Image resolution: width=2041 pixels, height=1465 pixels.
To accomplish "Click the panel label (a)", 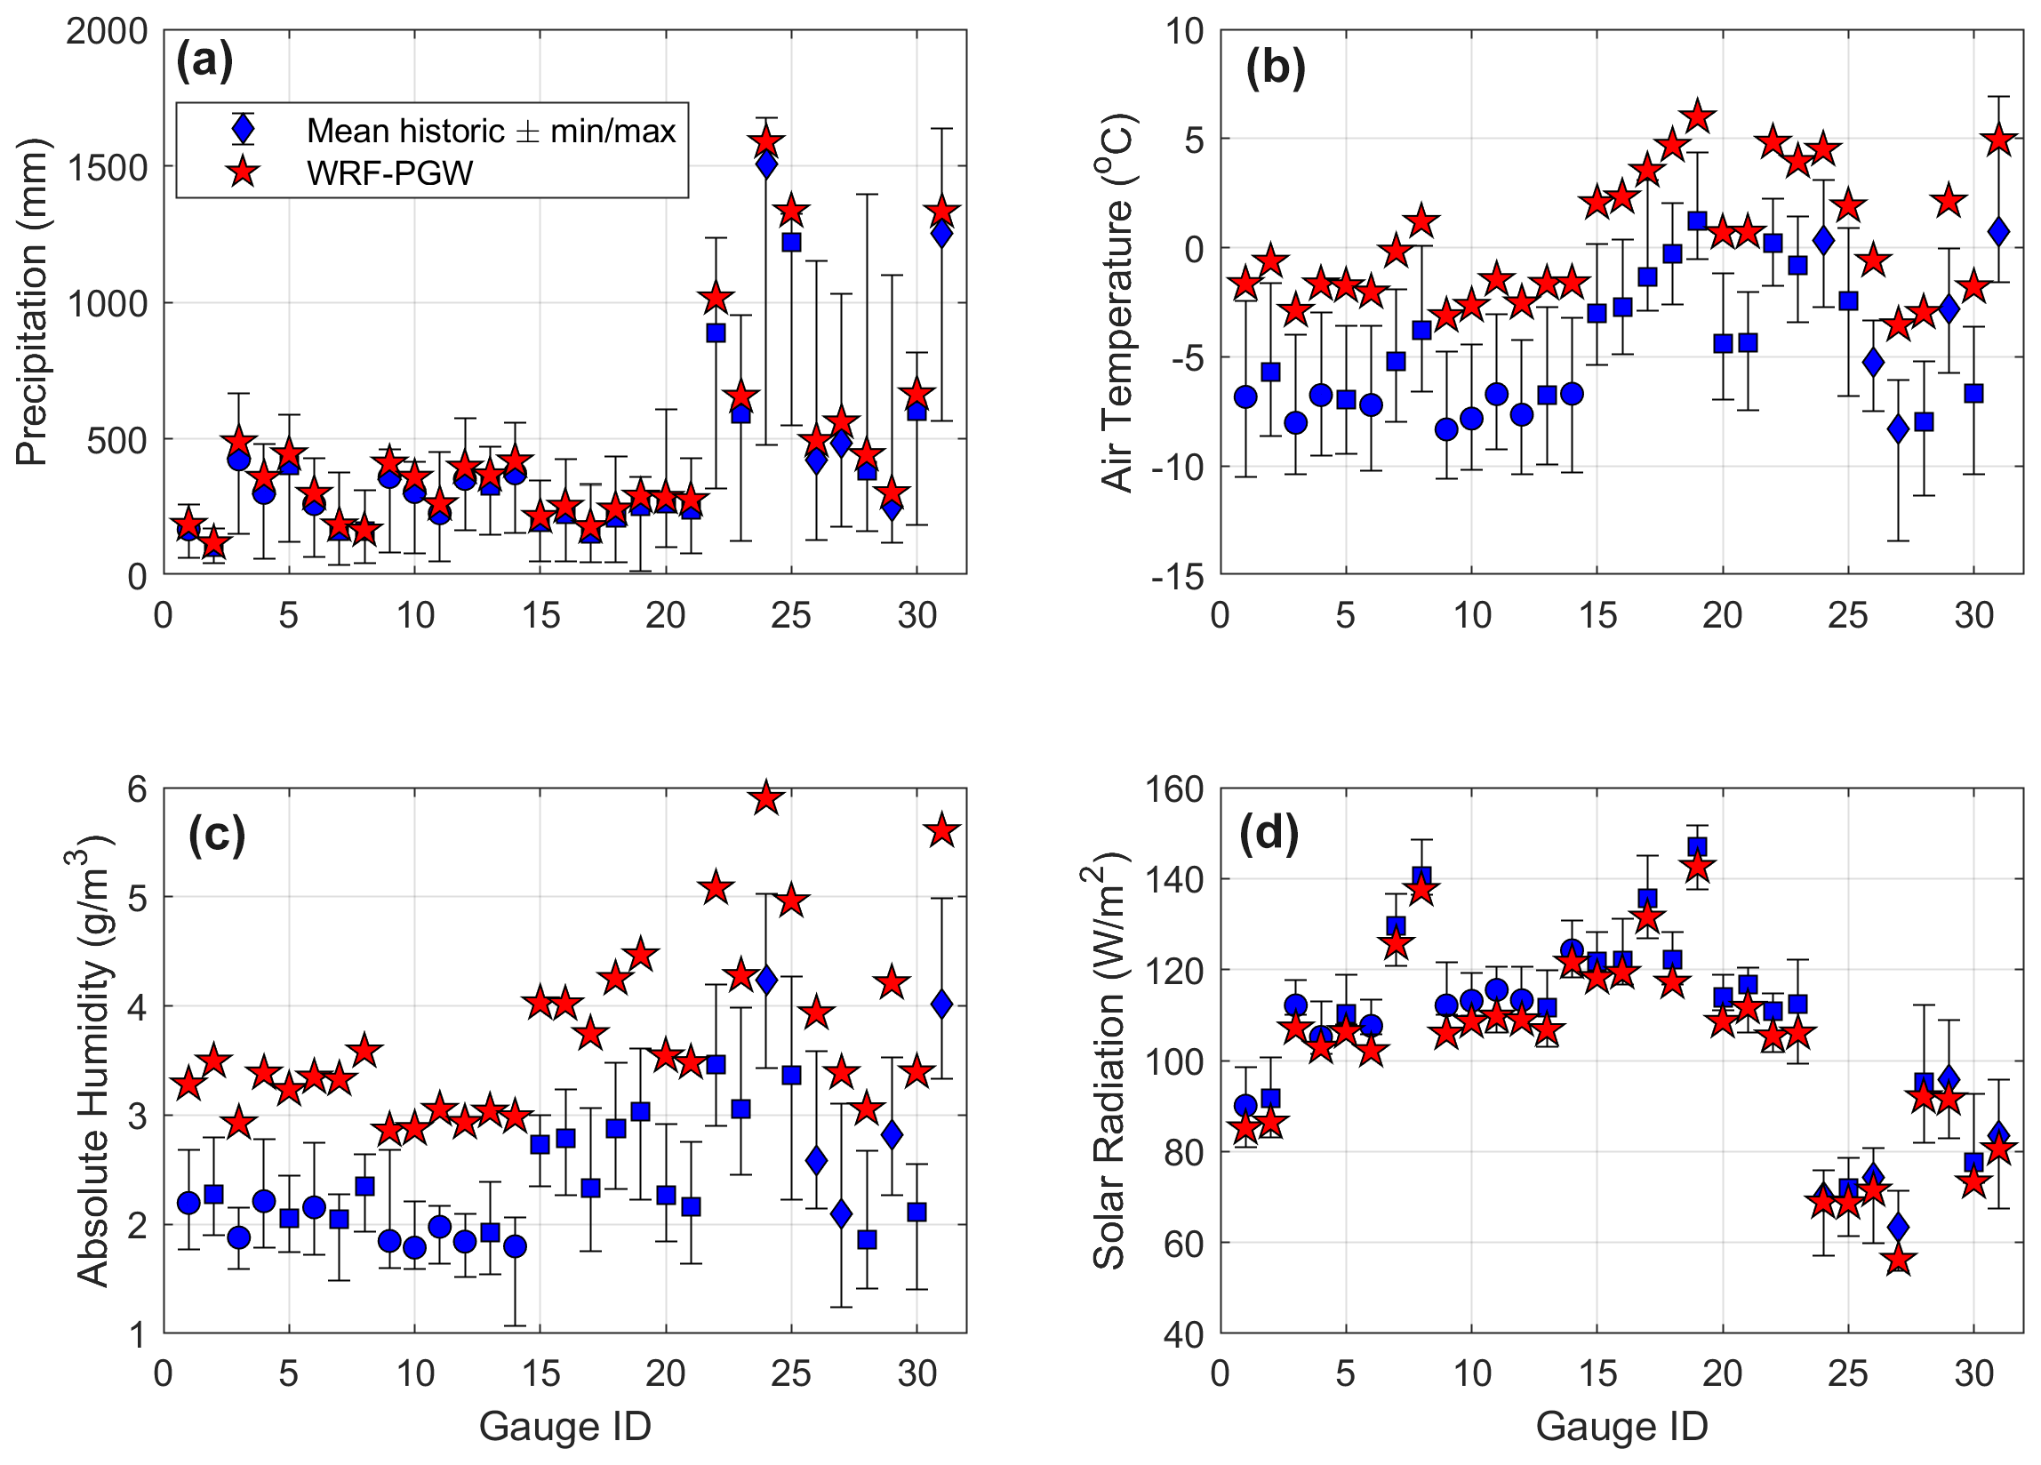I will (204, 62).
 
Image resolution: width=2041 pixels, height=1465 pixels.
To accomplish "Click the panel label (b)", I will (1275, 68).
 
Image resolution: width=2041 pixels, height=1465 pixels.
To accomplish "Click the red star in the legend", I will (243, 172).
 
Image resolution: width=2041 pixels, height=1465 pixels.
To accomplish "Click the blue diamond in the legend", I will (243, 130).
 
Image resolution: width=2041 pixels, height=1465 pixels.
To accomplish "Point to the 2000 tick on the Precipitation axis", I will (106, 31).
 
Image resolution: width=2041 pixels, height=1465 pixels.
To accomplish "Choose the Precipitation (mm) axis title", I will (31, 302).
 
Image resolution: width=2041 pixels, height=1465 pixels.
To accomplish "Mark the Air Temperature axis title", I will (1117, 302).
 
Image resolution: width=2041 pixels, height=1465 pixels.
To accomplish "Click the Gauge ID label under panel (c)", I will (564, 1425).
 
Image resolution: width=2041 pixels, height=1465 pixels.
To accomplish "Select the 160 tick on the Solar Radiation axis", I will (1173, 790).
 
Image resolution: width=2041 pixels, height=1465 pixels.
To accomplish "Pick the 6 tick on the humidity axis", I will (137, 790).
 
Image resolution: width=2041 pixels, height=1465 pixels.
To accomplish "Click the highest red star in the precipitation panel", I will (766, 142).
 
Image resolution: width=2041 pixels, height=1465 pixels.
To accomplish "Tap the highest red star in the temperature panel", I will (1697, 116).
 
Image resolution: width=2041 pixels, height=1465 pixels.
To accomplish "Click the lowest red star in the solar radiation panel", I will (1898, 1261).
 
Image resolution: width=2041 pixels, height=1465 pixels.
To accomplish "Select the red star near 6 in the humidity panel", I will (766, 798).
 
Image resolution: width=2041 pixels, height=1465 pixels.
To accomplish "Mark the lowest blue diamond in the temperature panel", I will (1898, 429).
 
